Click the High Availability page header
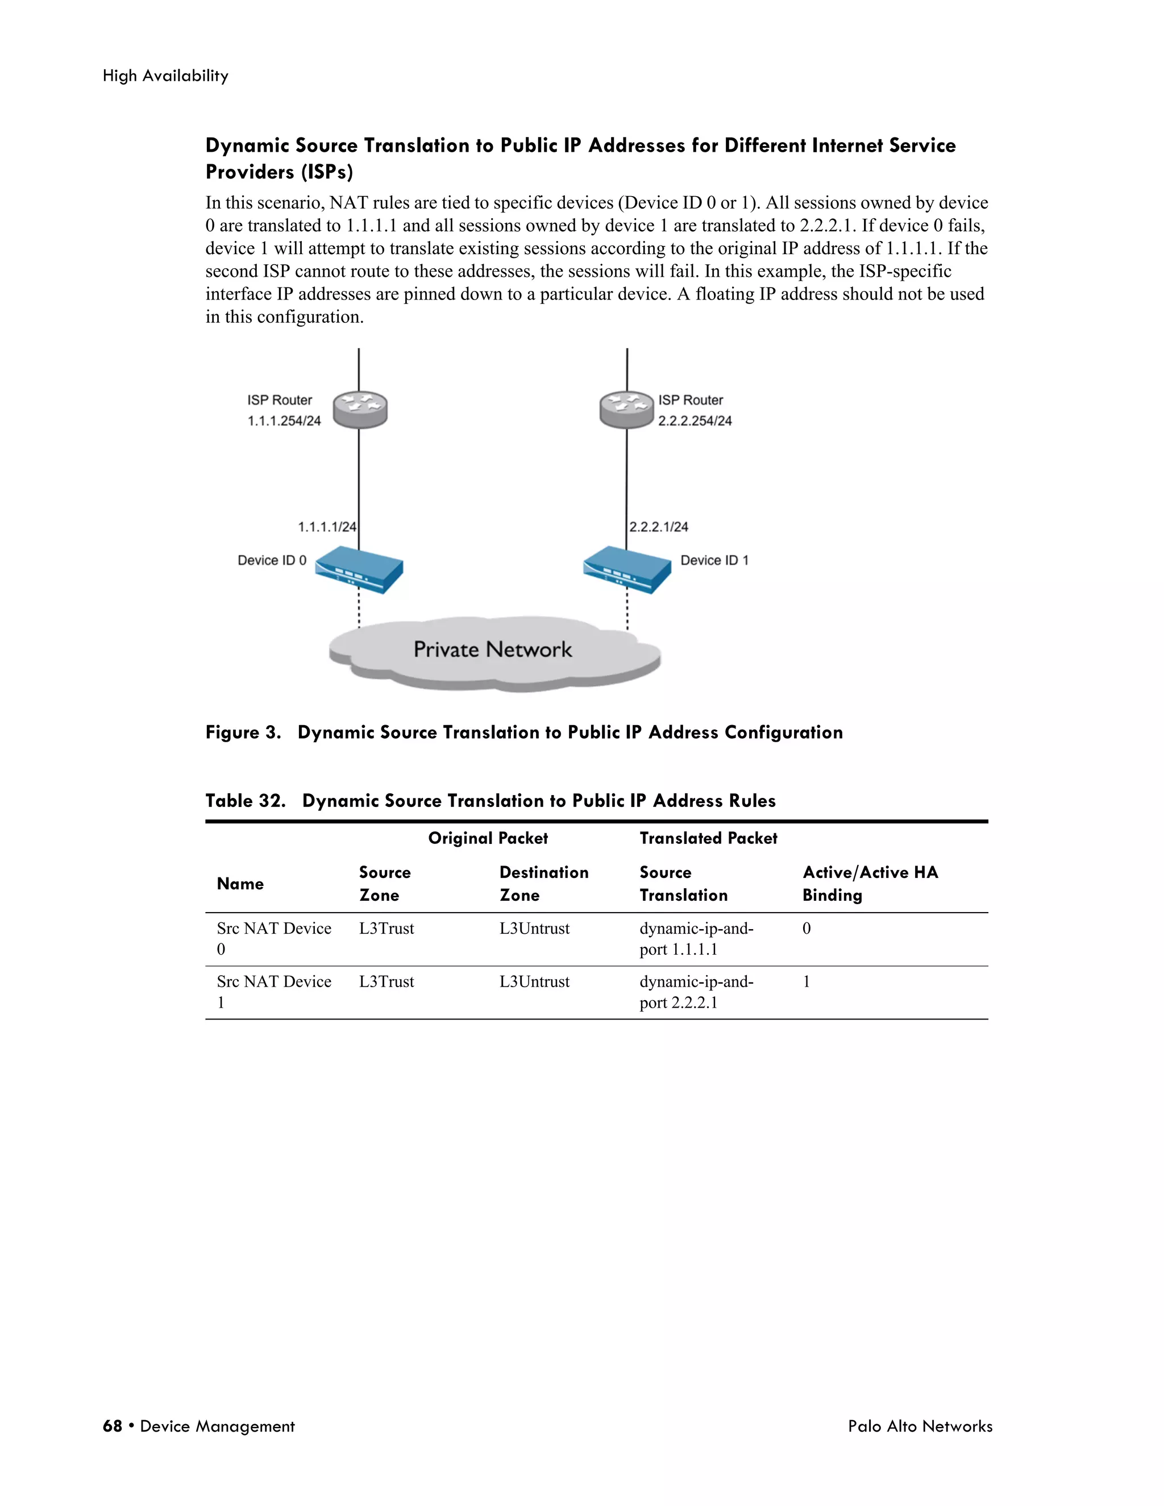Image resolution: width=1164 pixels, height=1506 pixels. tap(165, 76)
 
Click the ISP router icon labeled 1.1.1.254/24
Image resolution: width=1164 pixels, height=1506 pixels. tap(360, 410)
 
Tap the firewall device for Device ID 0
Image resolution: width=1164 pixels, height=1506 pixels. tap(359, 569)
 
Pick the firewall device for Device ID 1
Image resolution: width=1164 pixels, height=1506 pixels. tap(627, 569)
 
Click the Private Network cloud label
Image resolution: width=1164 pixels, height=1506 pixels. tap(492, 650)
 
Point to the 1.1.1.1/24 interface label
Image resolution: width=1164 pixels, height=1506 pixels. tap(327, 527)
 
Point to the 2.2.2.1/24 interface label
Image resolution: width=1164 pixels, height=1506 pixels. tap(659, 527)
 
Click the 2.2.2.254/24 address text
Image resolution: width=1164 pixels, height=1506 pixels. tap(695, 421)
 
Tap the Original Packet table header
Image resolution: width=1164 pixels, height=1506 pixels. tap(488, 838)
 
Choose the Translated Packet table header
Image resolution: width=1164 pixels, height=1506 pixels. tap(708, 838)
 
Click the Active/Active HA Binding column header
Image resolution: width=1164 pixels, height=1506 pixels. tap(870, 883)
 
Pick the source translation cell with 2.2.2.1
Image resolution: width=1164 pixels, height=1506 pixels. tap(696, 992)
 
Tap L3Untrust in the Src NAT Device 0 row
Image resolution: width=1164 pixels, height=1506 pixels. tap(534, 929)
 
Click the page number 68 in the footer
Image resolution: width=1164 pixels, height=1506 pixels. tap(113, 1426)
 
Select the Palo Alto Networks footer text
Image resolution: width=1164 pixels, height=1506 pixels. tap(920, 1426)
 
